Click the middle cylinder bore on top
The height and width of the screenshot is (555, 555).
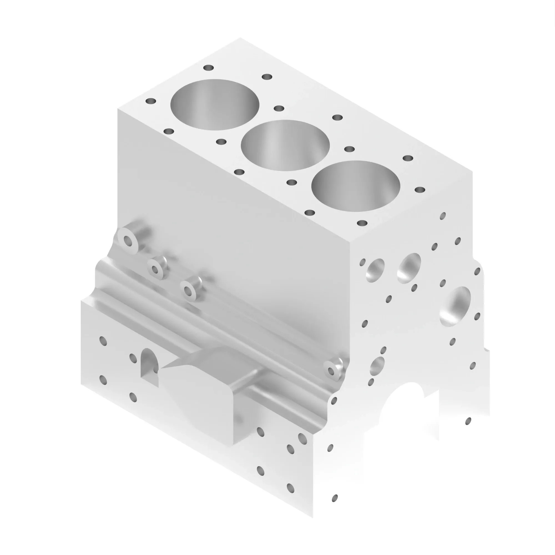(285, 145)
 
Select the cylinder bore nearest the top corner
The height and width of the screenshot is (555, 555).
(215, 105)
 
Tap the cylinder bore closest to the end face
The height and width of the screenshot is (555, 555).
(356, 186)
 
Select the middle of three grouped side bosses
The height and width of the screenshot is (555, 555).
(155, 269)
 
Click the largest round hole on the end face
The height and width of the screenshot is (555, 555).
(455, 306)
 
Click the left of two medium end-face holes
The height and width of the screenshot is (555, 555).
(375, 269)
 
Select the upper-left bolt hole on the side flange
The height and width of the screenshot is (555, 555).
(103, 341)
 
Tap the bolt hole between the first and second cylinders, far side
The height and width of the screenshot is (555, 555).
(279, 108)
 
